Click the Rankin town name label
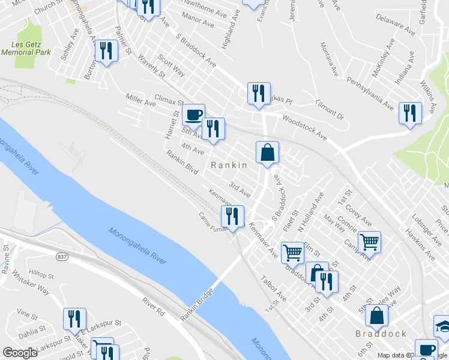(228, 165)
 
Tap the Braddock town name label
(381, 334)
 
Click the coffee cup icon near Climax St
(193, 114)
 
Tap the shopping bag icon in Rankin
(267, 152)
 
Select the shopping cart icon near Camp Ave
(369, 242)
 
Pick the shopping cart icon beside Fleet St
(292, 252)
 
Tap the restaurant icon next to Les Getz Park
(106, 50)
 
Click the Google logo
(20, 353)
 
